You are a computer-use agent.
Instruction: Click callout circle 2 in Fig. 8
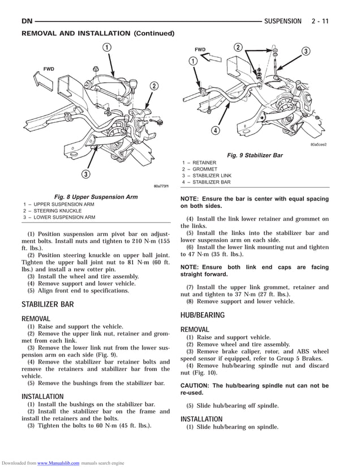[x=153, y=86]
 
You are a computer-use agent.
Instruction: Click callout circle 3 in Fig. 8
[x=85, y=174]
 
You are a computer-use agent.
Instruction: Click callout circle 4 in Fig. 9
[x=216, y=131]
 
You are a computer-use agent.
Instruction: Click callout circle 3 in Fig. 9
[x=306, y=51]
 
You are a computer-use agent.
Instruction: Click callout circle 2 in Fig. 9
[x=238, y=47]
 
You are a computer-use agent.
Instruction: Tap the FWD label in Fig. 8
[x=49, y=69]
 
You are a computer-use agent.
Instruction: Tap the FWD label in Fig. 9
[x=200, y=50]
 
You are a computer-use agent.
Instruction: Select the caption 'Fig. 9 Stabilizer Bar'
[x=255, y=155]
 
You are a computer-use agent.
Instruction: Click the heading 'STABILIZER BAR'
[x=48, y=304]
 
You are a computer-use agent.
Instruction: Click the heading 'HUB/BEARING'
[x=203, y=315]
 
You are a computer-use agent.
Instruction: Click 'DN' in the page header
[x=27, y=21]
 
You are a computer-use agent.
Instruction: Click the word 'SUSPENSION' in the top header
[x=283, y=21]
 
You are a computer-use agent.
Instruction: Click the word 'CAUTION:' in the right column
[x=195, y=385]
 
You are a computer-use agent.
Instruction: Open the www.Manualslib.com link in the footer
[x=58, y=463]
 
